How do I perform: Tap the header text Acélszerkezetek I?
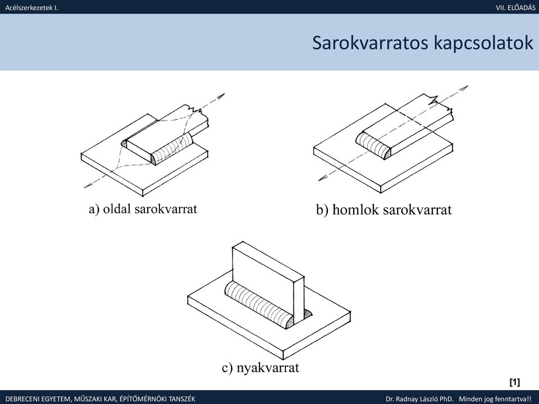(x=31, y=7)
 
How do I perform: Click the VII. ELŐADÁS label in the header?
(x=515, y=7)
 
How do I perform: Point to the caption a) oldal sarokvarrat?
(x=143, y=209)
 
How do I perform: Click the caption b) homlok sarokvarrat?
(x=383, y=209)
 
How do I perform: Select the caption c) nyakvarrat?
(x=260, y=368)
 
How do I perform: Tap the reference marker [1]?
(x=514, y=382)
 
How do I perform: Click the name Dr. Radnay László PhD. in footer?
(x=419, y=399)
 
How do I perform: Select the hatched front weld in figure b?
(x=373, y=146)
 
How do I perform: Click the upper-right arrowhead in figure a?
(x=222, y=95)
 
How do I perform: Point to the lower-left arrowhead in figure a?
(x=86, y=186)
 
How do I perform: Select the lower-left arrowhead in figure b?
(x=321, y=178)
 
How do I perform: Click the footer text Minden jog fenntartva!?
(x=497, y=399)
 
